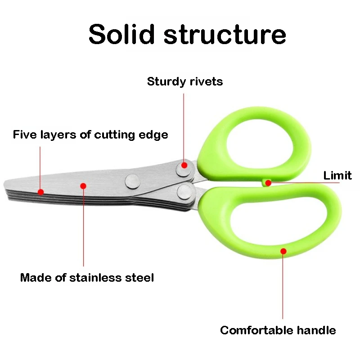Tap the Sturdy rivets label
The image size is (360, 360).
(x=185, y=81)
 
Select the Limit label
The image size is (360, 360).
(x=337, y=175)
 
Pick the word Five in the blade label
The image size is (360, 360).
(x=24, y=134)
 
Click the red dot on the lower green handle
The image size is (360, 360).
(x=283, y=250)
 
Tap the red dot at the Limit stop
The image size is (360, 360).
(x=268, y=183)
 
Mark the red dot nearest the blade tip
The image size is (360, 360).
(x=40, y=192)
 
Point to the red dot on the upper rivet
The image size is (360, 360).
(x=184, y=166)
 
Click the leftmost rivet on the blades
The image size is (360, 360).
(x=132, y=180)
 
